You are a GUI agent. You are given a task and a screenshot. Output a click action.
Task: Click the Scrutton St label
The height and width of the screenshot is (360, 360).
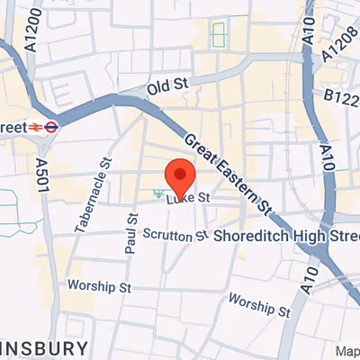175,236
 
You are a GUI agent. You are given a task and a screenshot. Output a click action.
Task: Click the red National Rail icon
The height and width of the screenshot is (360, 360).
39,128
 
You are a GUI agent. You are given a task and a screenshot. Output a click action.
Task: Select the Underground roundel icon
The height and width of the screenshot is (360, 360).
53,128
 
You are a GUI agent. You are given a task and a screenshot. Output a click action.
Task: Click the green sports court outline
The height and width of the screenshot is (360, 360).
218,36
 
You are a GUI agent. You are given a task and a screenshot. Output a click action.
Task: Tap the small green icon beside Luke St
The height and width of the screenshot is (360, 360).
158,193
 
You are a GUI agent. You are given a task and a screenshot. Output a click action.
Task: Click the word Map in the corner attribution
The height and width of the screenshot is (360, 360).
347,351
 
